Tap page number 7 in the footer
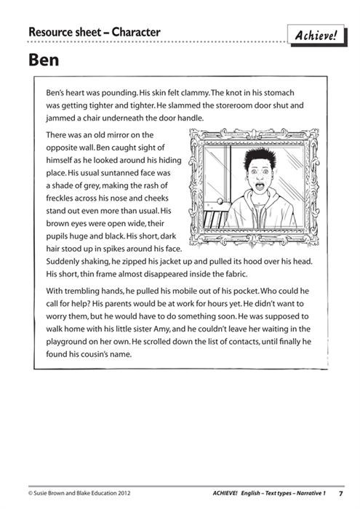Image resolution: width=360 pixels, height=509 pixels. pos(341,493)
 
